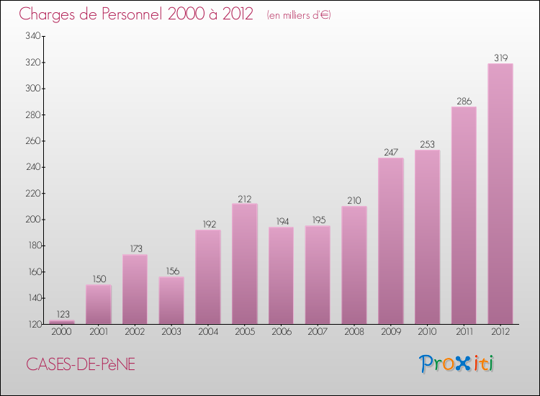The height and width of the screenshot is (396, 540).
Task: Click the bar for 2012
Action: click(x=500, y=194)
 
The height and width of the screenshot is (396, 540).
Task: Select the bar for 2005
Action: click(x=244, y=264)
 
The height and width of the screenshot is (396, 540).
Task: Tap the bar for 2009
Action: click(x=390, y=240)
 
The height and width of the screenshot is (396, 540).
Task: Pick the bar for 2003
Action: click(x=171, y=300)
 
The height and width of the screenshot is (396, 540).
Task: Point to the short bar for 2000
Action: click(x=62, y=322)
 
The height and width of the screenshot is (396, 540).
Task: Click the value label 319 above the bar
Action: click(x=500, y=58)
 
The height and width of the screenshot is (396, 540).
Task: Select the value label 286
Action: click(x=464, y=101)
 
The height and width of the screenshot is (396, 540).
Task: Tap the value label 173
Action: click(x=135, y=248)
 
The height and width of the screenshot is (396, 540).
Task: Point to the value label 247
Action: click(x=390, y=152)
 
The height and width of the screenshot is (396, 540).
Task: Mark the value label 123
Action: click(x=62, y=314)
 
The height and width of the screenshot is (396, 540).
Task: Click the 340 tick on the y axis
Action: click(x=32, y=36)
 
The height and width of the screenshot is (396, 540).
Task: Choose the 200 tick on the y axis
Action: click(x=32, y=220)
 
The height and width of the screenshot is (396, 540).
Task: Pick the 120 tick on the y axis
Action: click(x=32, y=324)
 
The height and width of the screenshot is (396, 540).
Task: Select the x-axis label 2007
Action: click(x=318, y=332)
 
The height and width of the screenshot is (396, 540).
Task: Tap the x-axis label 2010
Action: click(x=427, y=332)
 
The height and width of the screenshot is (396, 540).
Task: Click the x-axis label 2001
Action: click(x=98, y=332)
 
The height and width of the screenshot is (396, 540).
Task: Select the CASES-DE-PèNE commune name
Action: click(x=81, y=364)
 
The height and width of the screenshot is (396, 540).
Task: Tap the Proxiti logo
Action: click(x=457, y=364)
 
